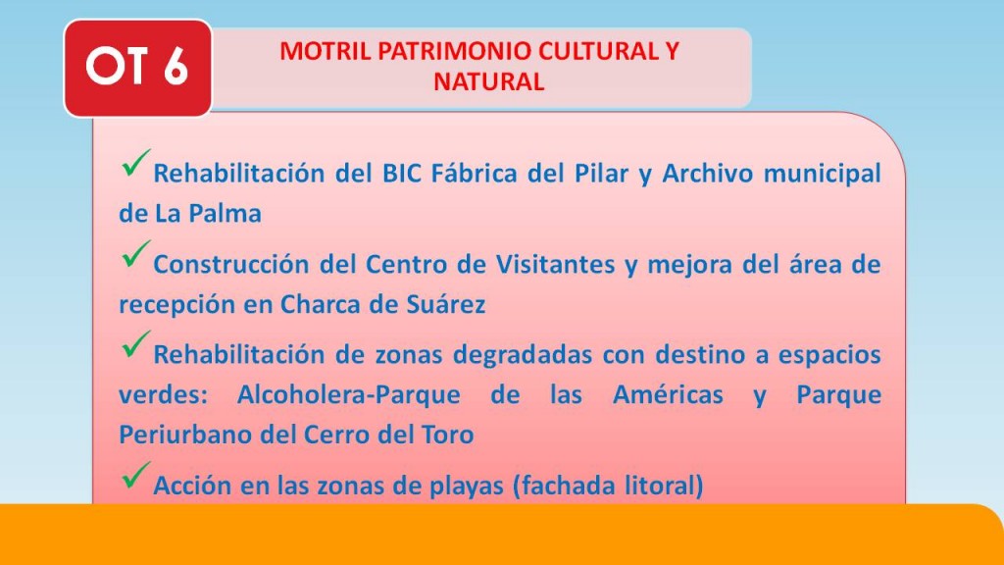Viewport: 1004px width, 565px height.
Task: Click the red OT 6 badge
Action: [x=137, y=68]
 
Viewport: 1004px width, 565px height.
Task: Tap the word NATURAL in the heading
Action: [x=488, y=82]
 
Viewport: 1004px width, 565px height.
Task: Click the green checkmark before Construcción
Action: [x=135, y=254]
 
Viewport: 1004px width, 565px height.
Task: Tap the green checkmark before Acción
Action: [x=135, y=476]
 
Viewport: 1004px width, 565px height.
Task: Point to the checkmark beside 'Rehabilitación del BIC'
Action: [x=135, y=163]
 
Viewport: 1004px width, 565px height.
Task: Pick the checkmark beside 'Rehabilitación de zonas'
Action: [x=135, y=344]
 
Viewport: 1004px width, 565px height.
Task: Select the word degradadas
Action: [x=523, y=355]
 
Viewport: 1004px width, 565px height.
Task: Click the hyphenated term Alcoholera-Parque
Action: [x=348, y=395]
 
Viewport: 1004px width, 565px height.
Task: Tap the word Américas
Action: [x=668, y=395]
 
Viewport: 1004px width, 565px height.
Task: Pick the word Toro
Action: [x=448, y=435]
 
